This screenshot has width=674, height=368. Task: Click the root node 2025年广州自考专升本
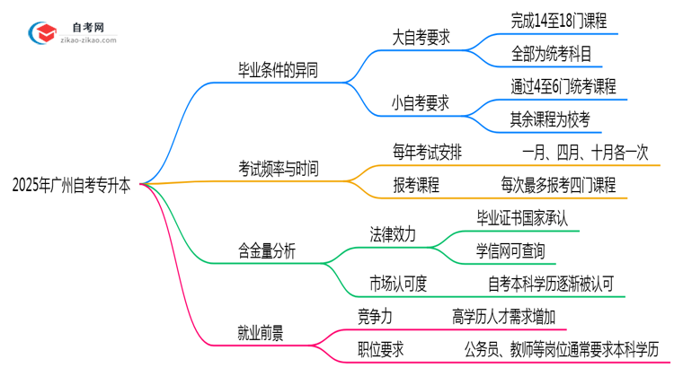coord(71,186)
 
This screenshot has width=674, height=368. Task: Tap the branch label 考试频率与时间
coord(278,168)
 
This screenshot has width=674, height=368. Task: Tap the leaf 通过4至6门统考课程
coord(562,86)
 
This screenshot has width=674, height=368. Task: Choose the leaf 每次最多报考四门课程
coord(558,185)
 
